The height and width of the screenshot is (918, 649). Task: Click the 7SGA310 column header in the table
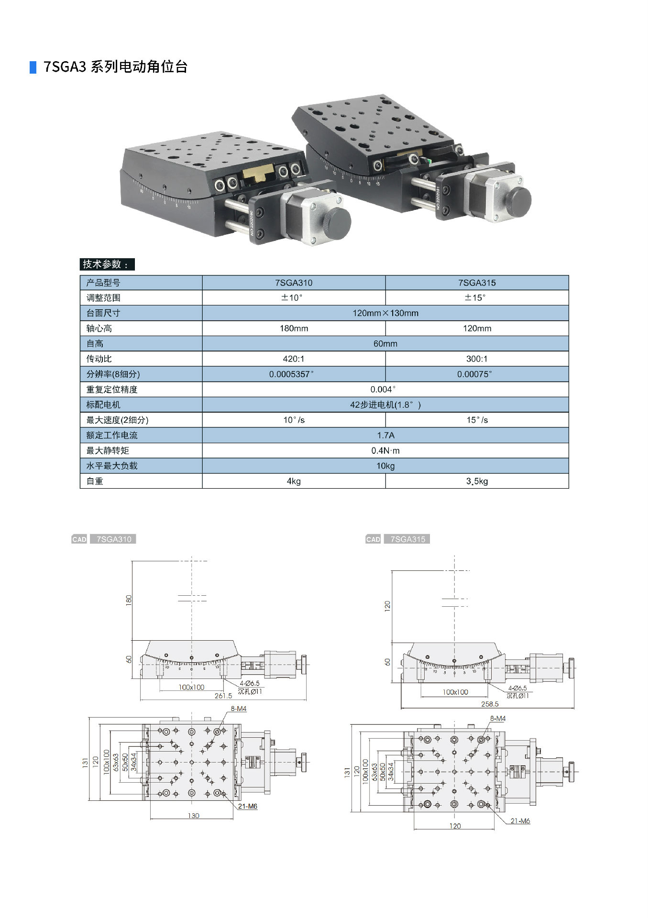click(294, 283)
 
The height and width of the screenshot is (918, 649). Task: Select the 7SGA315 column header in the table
click(477, 283)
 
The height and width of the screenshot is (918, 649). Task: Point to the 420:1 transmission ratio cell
click(294, 359)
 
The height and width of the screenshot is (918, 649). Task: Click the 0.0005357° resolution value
click(291, 374)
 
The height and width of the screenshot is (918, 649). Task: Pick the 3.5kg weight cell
click(477, 481)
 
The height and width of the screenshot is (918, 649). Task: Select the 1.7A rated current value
click(385, 435)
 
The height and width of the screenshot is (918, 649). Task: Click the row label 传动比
click(99, 359)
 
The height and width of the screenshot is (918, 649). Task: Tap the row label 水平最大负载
click(112, 466)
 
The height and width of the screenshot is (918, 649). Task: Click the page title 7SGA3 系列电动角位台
click(115, 66)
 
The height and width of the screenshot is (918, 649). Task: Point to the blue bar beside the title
click(33, 67)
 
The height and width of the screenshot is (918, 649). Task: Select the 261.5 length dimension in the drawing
click(223, 696)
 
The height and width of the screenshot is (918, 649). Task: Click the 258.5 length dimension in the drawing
click(490, 704)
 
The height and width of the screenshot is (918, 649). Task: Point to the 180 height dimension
click(128, 600)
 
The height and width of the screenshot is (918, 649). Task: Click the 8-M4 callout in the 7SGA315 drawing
click(497, 719)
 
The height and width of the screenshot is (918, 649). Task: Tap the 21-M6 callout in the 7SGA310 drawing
click(248, 806)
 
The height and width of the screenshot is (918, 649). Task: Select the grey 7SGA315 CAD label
click(407, 539)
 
